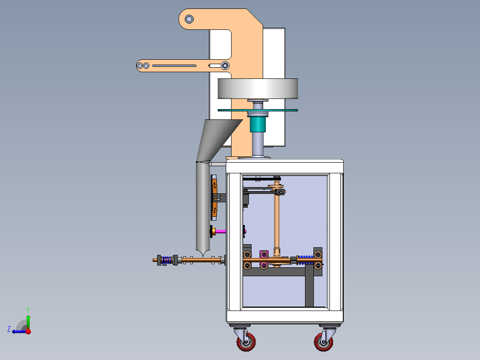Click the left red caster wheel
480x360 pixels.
click(246, 342)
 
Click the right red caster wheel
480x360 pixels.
click(324, 342)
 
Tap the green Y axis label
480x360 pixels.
click(28, 310)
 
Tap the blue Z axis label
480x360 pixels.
click(9, 329)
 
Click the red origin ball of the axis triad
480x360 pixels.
click(28, 331)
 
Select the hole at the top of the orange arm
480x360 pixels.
click(189, 19)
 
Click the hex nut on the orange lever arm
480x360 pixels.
click(225, 65)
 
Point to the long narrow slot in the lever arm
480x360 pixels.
click(174, 65)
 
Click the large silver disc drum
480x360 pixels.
click(258, 89)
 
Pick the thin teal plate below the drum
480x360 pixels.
click(258, 110)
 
